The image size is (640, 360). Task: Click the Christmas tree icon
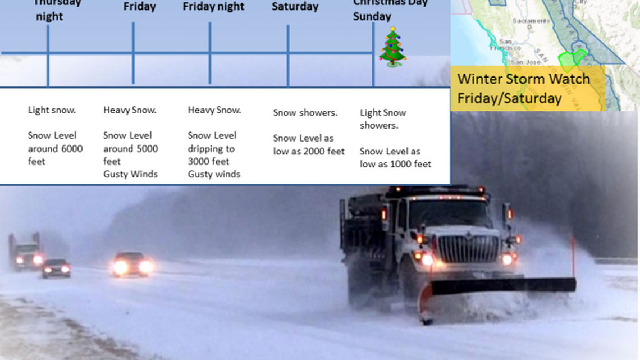[x=392, y=47]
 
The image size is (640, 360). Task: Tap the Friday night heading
[x=213, y=7]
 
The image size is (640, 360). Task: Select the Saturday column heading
[x=295, y=7]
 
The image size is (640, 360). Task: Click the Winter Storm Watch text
[x=523, y=79]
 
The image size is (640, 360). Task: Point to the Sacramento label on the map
[x=531, y=21]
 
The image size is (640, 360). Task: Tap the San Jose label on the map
[x=525, y=62]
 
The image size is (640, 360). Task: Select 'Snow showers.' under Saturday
[x=305, y=113]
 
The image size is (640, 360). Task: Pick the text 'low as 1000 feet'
[x=395, y=164]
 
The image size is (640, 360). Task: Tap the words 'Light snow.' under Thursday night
[x=52, y=110]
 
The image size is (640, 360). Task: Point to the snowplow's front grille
[x=468, y=249]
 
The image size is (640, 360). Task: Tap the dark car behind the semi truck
[x=56, y=268]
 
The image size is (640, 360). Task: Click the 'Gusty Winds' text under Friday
[x=130, y=174]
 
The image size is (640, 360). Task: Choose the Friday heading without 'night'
[x=140, y=7]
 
